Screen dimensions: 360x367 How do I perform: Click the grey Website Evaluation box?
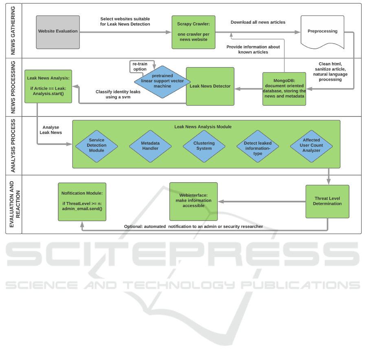58,32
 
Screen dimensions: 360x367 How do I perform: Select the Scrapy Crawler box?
193,32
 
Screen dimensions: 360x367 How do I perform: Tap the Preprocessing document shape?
322,32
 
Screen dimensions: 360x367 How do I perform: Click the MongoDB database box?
284,89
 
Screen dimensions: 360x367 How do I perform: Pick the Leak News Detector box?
210,86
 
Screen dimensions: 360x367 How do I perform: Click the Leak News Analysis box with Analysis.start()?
48,86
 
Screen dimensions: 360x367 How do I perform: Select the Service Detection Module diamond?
97,146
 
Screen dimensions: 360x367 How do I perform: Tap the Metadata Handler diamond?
150,146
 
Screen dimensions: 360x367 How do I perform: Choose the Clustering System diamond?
204,146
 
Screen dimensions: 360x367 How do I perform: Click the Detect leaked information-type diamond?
258,146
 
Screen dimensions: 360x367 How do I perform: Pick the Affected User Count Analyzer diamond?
311,146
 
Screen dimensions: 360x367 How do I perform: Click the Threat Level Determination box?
327,201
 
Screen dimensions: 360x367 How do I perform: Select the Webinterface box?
193,201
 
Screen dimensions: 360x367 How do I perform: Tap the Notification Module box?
82,201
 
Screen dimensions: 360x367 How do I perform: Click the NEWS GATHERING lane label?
13,31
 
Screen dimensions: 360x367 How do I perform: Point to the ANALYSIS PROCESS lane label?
13,145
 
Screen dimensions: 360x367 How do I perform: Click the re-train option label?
140,66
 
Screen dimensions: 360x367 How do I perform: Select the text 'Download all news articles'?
258,22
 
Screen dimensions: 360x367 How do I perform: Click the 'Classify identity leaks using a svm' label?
118,94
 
